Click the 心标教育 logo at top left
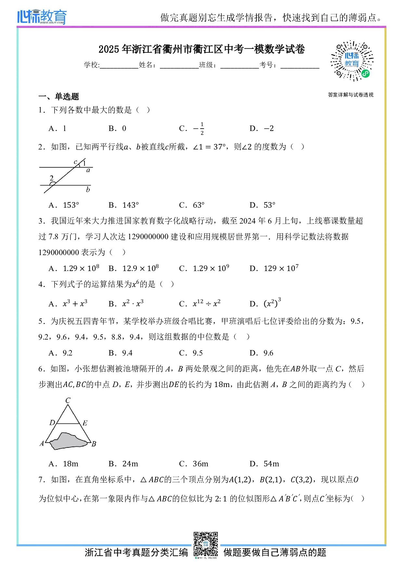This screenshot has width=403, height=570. (42, 17)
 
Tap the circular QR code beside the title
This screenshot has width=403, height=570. (352, 61)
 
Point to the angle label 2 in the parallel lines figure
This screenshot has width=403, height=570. (52, 178)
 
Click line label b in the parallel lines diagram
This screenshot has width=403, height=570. (88, 189)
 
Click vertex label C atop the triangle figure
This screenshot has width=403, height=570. (68, 400)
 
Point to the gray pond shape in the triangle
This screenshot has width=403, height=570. (69, 441)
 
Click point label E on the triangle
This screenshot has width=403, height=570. (85, 423)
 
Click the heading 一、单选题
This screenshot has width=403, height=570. (59, 97)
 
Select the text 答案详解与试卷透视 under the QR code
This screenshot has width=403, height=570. (351, 95)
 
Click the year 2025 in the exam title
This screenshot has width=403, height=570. (109, 49)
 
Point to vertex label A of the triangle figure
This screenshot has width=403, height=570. (42, 444)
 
